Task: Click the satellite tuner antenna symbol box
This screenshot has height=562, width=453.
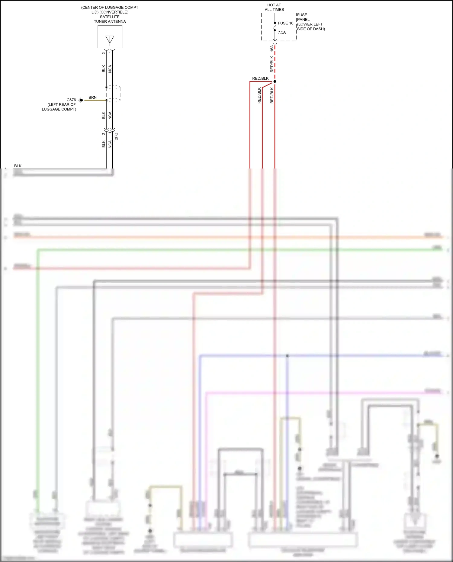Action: (x=110, y=37)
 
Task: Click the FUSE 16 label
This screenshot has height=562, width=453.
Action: (x=285, y=23)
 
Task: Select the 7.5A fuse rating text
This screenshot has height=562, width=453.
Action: (x=282, y=33)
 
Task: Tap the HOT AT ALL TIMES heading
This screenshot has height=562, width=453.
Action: (x=274, y=7)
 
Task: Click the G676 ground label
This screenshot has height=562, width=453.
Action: (x=71, y=100)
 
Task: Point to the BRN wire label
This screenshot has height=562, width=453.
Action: (x=93, y=98)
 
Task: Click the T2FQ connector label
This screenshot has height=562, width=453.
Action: (x=116, y=137)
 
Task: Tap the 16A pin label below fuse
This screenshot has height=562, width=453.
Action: (x=272, y=48)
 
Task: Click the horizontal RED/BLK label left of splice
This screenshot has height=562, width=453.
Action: (x=260, y=79)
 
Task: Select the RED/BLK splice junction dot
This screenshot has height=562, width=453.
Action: (x=275, y=82)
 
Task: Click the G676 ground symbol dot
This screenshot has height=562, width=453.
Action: (x=81, y=100)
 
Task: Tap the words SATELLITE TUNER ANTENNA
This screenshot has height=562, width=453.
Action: (x=110, y=19)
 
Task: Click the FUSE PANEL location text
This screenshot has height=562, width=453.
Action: (x=310, y=22)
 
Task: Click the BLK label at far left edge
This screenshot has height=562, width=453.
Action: (x=18, y=166)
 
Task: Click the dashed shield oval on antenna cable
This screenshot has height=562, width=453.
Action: (x=114, y=94)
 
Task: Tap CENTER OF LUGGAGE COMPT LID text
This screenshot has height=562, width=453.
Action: (x=110, y=10)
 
